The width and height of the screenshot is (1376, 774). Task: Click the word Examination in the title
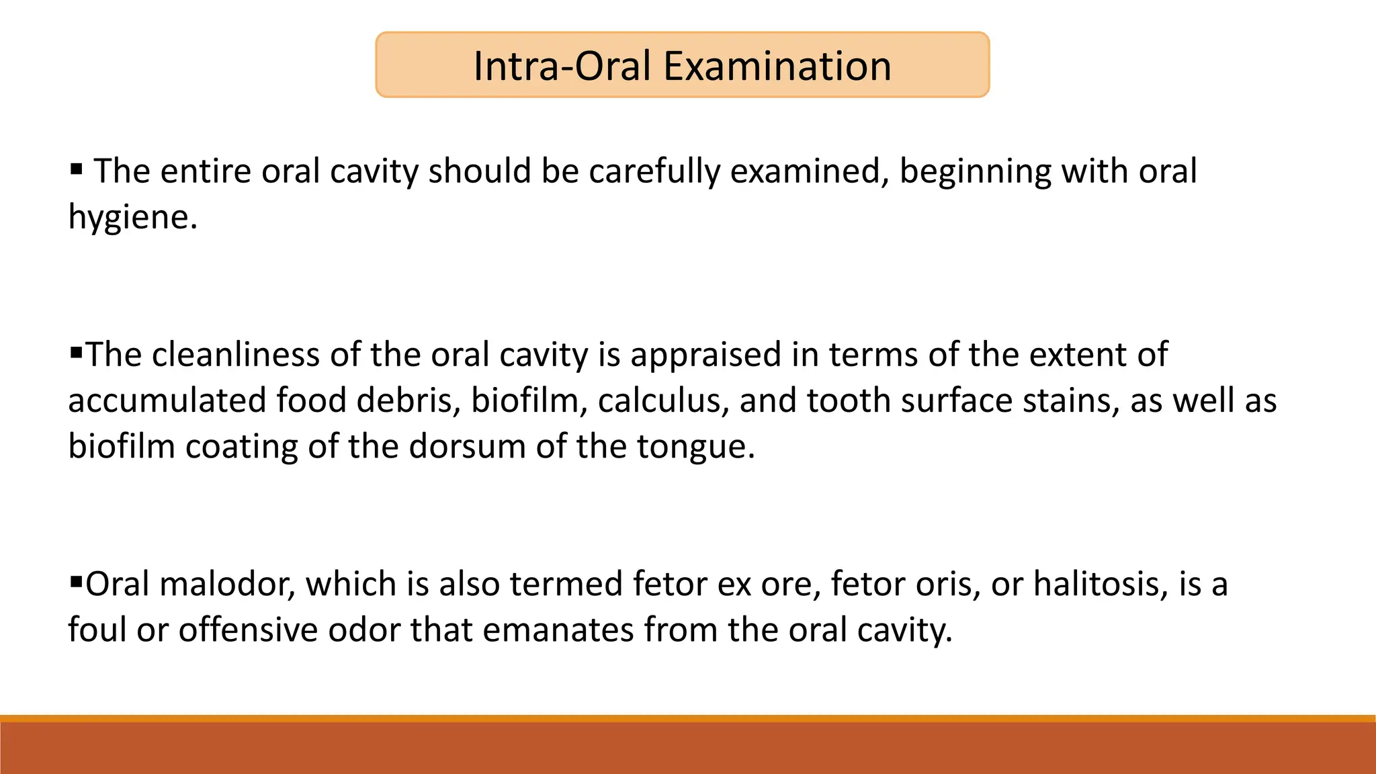777,67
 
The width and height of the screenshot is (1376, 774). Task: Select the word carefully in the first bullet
655,172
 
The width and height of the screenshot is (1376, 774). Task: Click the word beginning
975,172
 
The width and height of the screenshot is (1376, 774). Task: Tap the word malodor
228,584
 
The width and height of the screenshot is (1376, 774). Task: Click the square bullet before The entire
76,167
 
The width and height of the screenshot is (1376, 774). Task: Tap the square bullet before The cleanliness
75,350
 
